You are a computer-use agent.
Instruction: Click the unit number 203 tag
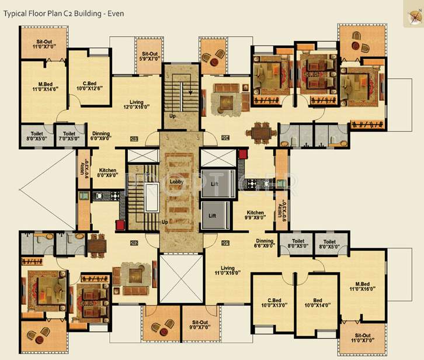click(x=134, y=139)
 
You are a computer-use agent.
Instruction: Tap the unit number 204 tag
click(x=225, y=139)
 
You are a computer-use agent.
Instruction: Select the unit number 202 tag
click(x=134, y=243)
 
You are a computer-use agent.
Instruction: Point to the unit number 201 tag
click(x=225, y=243)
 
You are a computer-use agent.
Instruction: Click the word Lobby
click(x=176, y=182)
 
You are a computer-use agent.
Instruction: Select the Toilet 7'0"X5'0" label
click(x=69, y=136)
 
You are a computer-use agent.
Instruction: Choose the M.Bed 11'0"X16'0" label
click(x=362, y=286)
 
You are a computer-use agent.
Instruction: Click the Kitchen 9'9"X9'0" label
click(x=255, y=216)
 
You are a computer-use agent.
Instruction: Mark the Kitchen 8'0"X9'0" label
click(x=107, y=173)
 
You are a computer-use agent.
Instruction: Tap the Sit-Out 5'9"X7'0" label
click(x=150, y=56)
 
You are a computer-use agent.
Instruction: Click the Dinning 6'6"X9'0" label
click(x=265, y=244)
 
